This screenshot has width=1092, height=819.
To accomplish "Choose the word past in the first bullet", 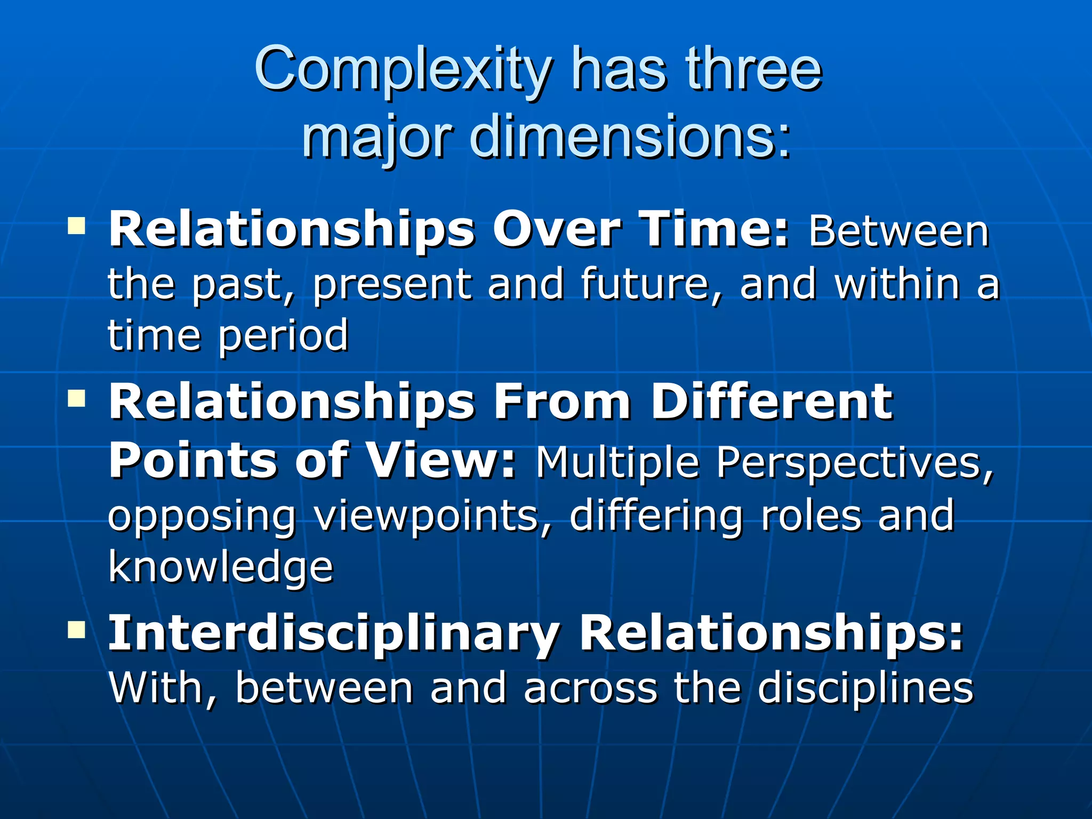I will point(243,285).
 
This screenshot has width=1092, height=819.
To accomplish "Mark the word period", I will point(283,336).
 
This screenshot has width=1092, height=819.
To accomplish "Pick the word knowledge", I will point(221,567).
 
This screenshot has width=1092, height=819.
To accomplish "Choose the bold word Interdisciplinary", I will point(334,634).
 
